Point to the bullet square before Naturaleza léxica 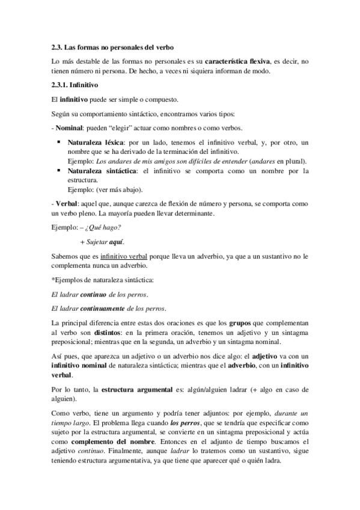coord(59,142)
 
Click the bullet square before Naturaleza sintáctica coord(59,171)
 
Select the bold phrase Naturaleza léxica coord(91,143)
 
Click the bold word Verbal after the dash coord(66,202)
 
